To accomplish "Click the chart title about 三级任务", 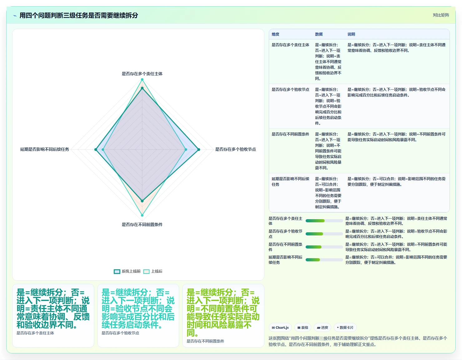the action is tap(79, 15).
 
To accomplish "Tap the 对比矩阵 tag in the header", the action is tap(441, 15).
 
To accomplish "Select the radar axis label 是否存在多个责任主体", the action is tap(142, 74).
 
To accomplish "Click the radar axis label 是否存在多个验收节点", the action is tap(235, 149).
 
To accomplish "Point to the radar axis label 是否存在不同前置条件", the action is tap(142, 224).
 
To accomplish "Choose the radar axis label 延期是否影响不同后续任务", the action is tap(45, 149).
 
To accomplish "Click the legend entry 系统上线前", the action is tap(127, 271).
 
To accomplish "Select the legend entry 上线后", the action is tap(153, 271).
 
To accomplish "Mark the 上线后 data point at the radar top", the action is tap(142, 80).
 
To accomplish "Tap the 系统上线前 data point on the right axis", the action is tap(199, 150).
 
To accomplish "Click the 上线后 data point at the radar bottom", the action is tap(142, 215).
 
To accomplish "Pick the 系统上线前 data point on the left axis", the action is tap(96, 150).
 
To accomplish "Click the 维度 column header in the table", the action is tap(275, 34).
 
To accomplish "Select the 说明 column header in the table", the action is tap(351, 34).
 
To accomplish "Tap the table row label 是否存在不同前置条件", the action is tap(290, 134).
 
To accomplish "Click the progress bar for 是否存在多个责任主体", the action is tap(324, 221).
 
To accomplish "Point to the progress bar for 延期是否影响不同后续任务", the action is tap(324, 260).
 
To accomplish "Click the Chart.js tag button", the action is tap(280, 328).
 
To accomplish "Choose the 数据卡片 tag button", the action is tap(345, 328).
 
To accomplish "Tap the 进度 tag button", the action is tap(322, 328).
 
